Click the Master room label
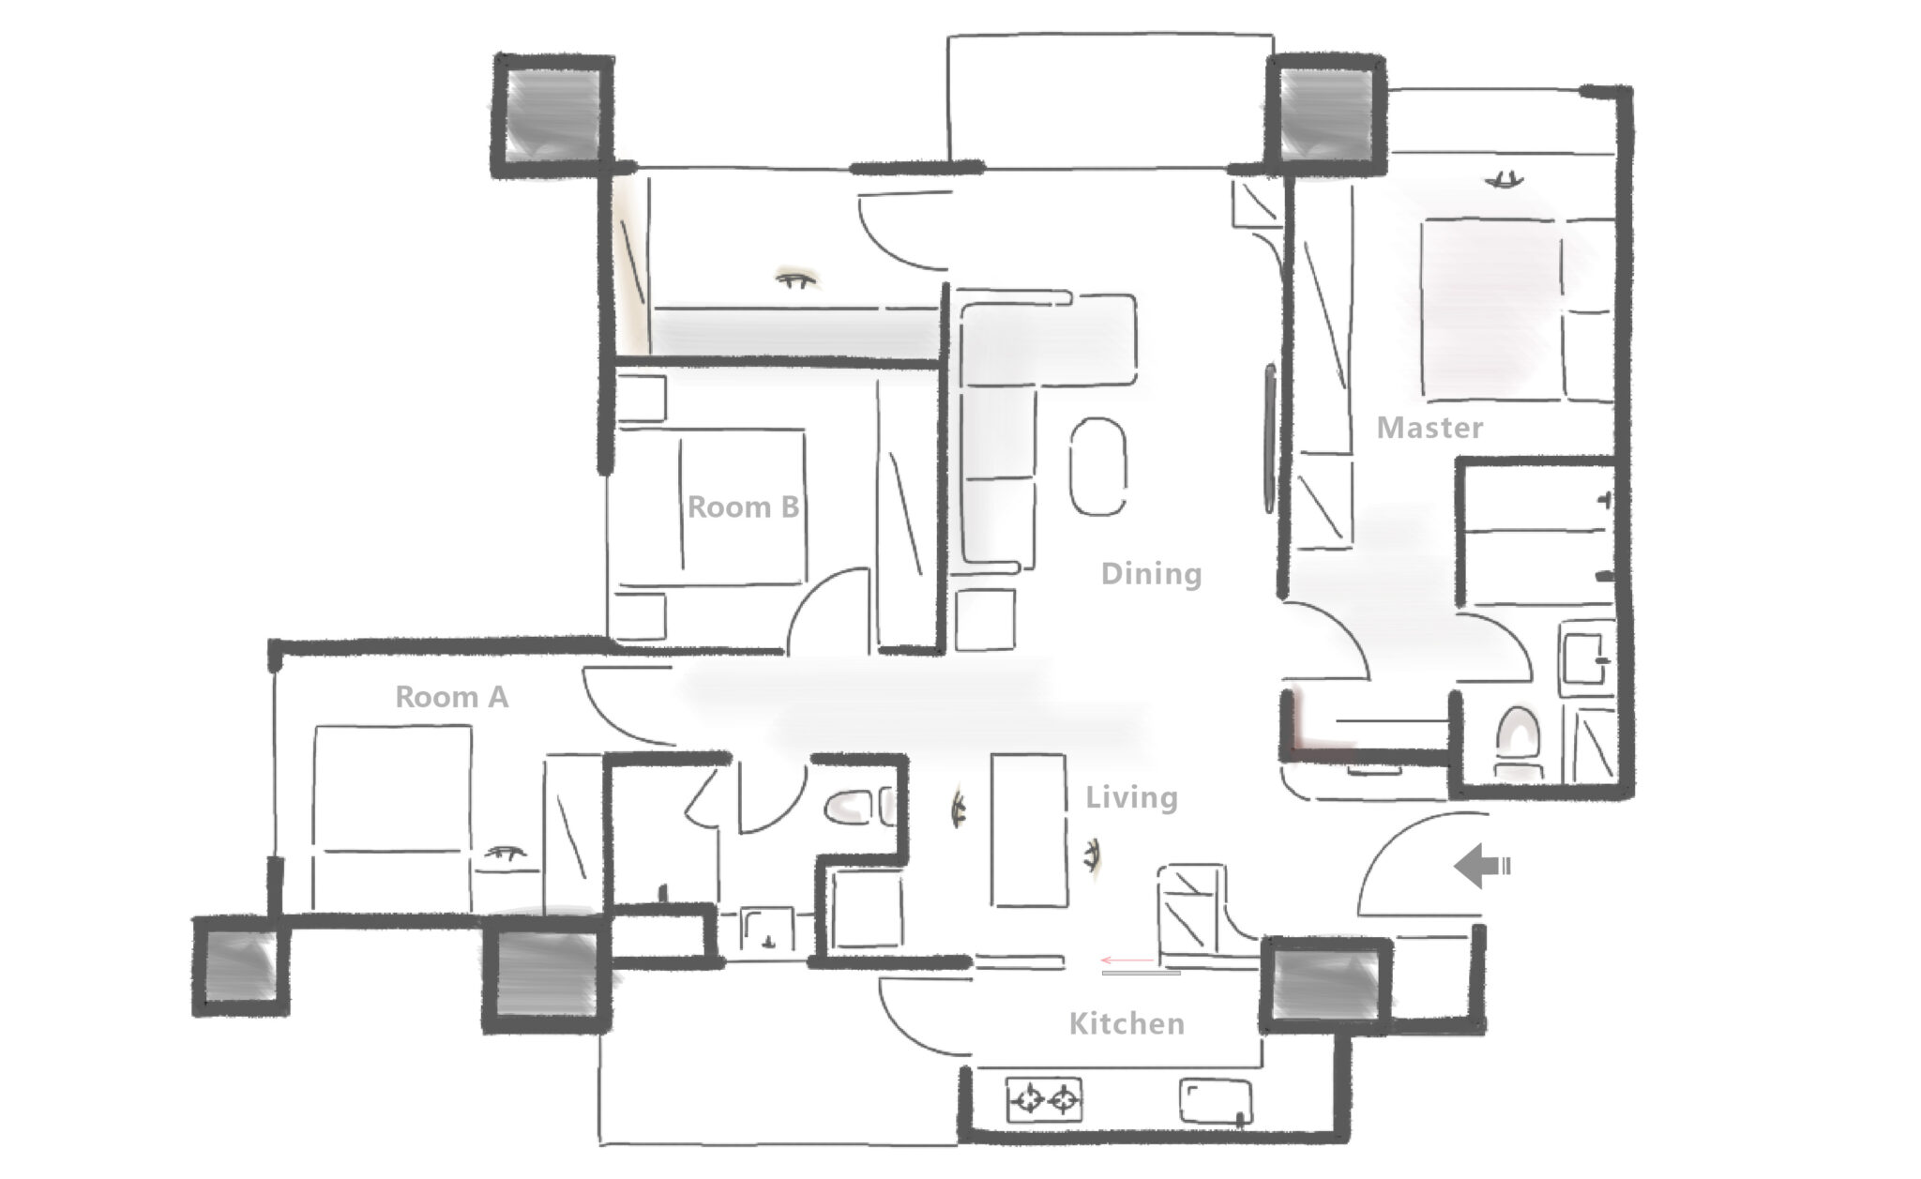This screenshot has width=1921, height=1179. click(x=1429, y=428)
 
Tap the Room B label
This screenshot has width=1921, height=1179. click(x=743, y=506)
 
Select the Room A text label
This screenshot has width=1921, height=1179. click(x=451, y=697)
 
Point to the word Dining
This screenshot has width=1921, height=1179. click(x=1151, y=573)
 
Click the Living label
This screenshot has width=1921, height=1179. click(x=1131, y=797)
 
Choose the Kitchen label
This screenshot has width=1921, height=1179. click(x=1127, y=1023)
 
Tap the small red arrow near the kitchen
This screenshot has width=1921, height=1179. click(x=1127, y=960)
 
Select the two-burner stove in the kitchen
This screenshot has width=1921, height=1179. click(x=1044, y=1099)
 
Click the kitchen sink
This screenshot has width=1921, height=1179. click(x=1216, y=1101)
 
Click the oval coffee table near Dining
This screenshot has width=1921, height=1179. click(x=1098, y=466)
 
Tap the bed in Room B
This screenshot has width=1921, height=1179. click(x=712, y=507)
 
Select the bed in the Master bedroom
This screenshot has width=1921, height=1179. click(x=1518, y=310)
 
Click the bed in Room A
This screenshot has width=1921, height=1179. click(x=392, y=817)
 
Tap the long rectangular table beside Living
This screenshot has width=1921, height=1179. click(x=1029, y=830)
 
